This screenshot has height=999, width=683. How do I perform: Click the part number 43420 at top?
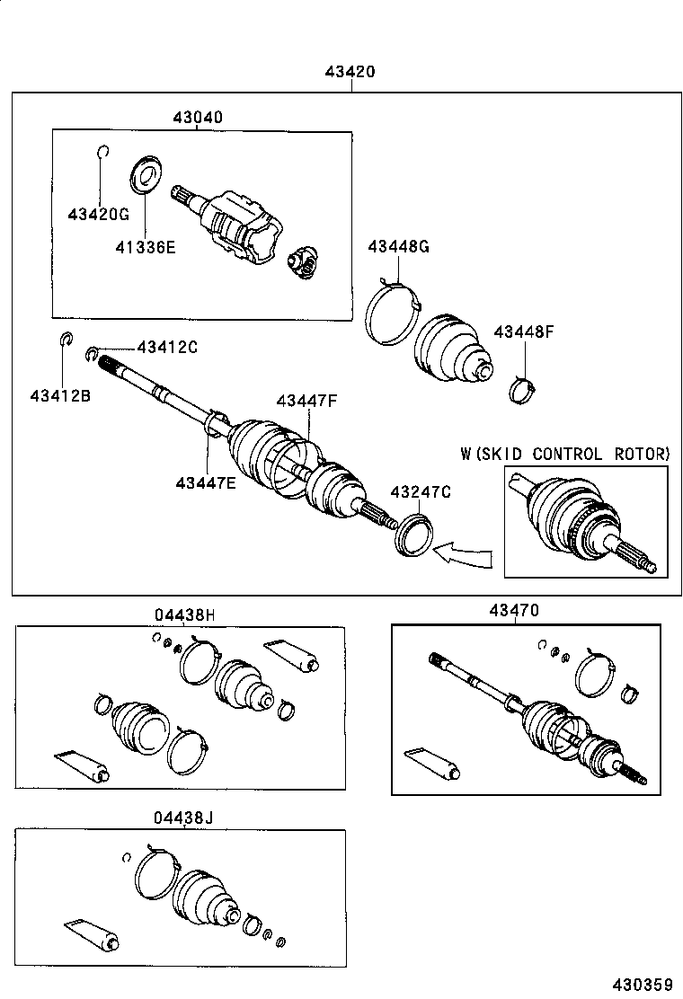(x=350, y=73)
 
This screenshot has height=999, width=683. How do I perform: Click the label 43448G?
(x=398, y=246)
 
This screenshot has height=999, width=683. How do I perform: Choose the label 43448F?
(x=523, y=332)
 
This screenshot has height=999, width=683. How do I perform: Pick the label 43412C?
(x=166, y=348)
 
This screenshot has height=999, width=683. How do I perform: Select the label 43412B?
(x=60, y=395)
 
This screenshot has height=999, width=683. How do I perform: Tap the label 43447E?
(x=206, y=483)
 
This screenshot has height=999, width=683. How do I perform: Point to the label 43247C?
(x=420, y=491)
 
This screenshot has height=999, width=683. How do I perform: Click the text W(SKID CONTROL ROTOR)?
(x=565, y=454)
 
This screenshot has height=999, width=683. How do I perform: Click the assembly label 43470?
(x=514, y=610)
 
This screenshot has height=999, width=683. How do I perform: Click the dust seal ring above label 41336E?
(x=143, y=175)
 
